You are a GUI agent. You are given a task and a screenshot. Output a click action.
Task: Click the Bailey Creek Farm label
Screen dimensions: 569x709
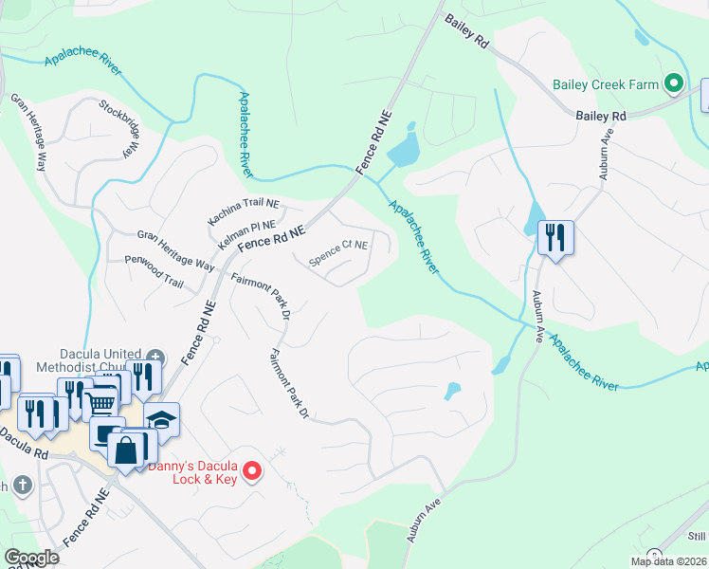coord(606,84)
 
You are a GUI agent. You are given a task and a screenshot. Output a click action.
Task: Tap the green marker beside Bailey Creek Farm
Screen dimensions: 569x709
coord(675,84)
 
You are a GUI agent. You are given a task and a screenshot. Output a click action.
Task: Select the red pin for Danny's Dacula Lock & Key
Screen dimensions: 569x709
coord(252,469)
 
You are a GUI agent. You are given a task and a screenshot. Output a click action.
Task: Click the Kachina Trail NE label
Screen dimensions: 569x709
coord(244,212)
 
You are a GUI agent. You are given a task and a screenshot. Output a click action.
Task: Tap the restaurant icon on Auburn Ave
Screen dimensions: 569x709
coord(555,236)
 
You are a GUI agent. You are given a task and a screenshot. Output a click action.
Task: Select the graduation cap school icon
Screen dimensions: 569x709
coord(162,420)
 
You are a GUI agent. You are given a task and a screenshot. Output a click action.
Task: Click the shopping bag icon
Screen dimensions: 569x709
coord(127,449)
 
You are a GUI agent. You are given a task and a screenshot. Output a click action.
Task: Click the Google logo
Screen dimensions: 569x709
coord(32,558)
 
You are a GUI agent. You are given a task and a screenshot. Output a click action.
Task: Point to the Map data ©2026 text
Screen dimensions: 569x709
coord(668,561)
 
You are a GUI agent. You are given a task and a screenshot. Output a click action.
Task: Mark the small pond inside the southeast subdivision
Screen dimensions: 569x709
coord(452,390)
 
